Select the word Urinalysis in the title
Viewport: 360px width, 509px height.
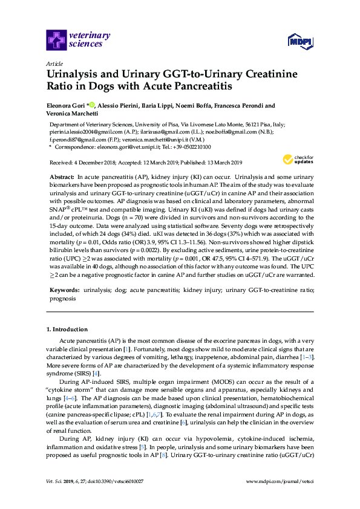tap(75, 75)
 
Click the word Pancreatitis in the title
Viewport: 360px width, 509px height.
tap(203, 87)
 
